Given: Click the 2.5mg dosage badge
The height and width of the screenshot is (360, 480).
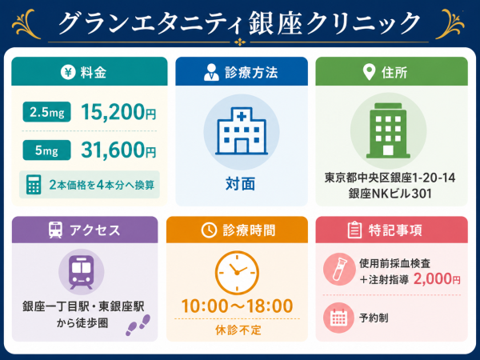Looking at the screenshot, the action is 47,112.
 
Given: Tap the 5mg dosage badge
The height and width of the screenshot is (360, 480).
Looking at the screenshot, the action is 47,150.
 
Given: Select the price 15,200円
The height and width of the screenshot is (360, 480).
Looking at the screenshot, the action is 118,112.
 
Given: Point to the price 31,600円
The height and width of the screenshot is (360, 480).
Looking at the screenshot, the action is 118,150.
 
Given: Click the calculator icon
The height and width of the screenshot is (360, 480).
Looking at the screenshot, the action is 34,185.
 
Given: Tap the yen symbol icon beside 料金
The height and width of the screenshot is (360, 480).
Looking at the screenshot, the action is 68,73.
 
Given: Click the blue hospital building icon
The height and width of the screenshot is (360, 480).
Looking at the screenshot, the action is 242,131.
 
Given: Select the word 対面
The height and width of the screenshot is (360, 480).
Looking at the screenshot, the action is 241,184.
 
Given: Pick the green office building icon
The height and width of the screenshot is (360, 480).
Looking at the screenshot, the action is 388,130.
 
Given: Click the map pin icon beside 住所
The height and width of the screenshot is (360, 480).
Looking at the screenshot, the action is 369,73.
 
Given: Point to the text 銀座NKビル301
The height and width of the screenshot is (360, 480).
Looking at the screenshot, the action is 390,194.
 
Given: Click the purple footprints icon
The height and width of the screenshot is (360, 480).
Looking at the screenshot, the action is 138,325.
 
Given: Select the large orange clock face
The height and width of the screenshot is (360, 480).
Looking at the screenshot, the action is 237,273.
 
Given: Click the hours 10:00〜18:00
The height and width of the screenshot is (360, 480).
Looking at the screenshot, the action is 238,306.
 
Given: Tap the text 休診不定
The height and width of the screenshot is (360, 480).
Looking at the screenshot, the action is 238,330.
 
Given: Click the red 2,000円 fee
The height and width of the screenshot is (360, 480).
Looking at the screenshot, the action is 437,279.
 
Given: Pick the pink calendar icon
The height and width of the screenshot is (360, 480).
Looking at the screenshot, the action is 338,318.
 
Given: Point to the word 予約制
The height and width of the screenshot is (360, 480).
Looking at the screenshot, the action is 374,318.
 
